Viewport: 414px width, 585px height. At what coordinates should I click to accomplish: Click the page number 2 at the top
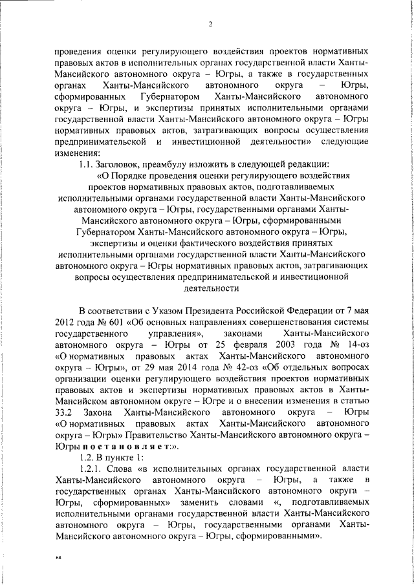pyautogui.click(x=211, y=24)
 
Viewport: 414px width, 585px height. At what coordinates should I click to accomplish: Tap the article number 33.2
pyautogui.click(x=66, y=413)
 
